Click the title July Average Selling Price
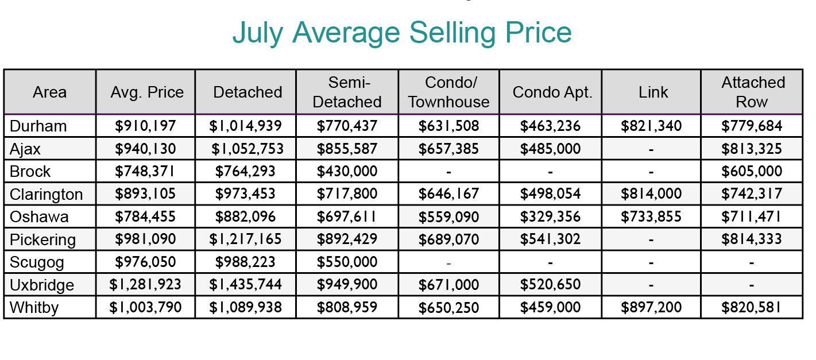(402, 33)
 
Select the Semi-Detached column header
(347, 92)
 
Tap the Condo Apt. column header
(552, 92)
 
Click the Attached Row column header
(753, 92)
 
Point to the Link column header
(653, 92)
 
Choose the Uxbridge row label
(42, 285)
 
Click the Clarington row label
(47, 194)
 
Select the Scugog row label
(37, 262)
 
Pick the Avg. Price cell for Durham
(146, 126)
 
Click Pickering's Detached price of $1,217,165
(247, 239)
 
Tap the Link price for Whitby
(651, 308)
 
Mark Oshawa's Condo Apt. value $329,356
(550, 216)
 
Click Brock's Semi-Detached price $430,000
(347, 171)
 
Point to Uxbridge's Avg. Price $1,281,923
(146, 285)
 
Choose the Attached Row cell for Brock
(752, 171)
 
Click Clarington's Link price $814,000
(651, 194)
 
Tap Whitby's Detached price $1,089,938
(247, 308)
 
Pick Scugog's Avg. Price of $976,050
(146, 262)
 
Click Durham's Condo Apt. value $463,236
(550, 126)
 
